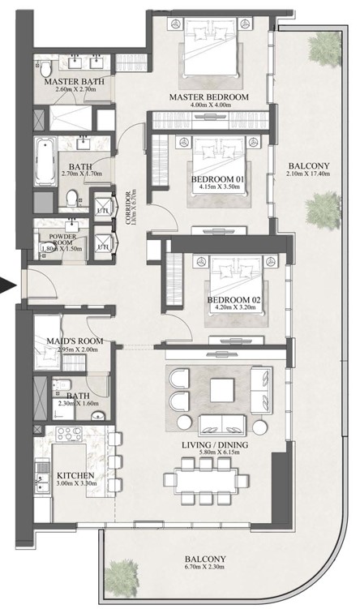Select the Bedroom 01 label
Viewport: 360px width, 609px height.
click(217, 178)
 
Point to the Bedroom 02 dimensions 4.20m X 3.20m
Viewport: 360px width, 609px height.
click(234, 311)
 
